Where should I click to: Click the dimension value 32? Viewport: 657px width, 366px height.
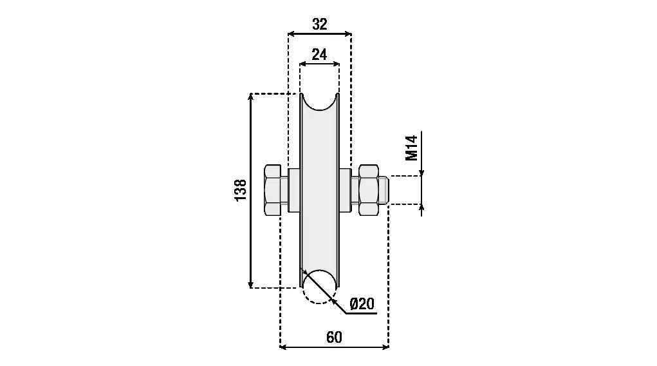click(320, 24)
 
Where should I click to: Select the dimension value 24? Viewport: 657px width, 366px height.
click(319, 55)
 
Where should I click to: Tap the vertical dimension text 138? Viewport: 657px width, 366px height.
click(241, 190)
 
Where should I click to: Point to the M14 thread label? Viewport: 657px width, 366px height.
click(411, 148)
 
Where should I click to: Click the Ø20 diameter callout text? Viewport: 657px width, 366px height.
click(362, 303)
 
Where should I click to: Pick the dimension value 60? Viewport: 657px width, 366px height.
click(334, 337)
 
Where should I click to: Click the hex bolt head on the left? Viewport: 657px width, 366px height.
click(272, 190)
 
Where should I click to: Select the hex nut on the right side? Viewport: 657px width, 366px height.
click(369, 190)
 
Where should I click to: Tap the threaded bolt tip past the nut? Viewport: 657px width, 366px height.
click(384, 190)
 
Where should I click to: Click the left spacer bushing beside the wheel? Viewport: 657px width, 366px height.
click(294, 190)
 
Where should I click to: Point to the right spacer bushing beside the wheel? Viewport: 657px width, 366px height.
click(345, 190)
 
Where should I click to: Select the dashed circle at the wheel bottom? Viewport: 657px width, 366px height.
click(319, 287)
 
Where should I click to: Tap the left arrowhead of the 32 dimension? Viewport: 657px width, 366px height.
click(291, 34)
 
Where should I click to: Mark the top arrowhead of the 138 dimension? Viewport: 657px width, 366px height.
click(250, 97)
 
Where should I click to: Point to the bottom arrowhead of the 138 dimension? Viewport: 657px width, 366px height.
click(250, 284)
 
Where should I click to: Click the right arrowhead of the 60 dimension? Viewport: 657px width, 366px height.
click(385, 347)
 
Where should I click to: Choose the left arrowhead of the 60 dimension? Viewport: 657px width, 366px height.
click(284, 347)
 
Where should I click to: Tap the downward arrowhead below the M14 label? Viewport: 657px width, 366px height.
click(421, 173)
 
